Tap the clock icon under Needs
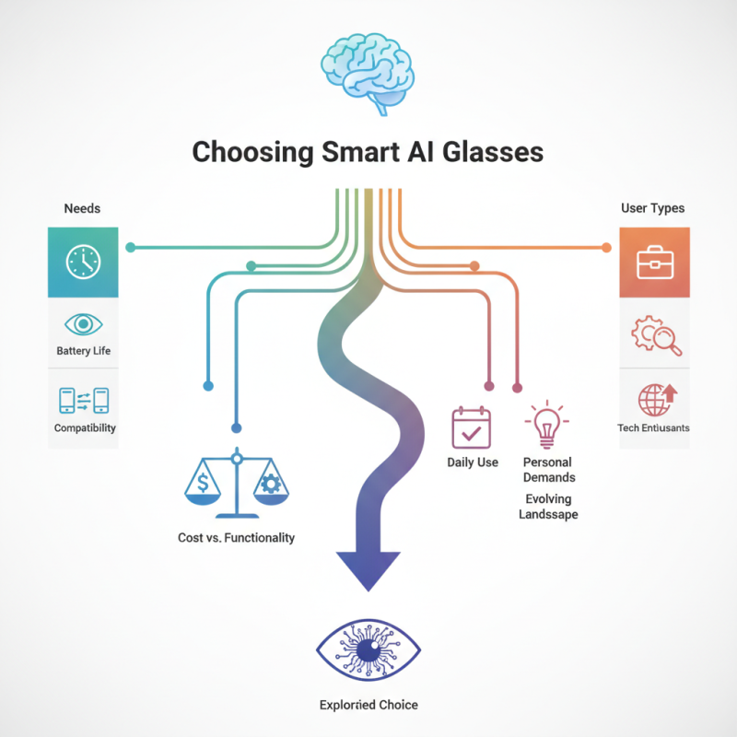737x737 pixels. pyautogui.click(x=83, y=262)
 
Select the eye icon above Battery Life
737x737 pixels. pyautogui.click(x=83, y=324)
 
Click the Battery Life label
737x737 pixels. pyautogui.click(x=83, y=352)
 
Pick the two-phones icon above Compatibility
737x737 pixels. pyautogui.click(x=83, y=400)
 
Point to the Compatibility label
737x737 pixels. pyautogui.click(x=83, y=428)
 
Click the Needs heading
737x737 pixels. pyautogui.click(x=82, y=209)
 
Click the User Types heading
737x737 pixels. pyautogui.click(x=653, y=209)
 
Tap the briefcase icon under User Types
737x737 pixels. pyautogui.click(x=654, y=263)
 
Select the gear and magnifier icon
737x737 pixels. pyautogui.click(x=655, y=335)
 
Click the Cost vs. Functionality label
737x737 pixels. pyautogui.click(x=236, y=537)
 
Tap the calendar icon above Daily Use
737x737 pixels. pyautogui.click(x=472, y=427)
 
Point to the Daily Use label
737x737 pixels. pyautogui.click(x=473, y=462)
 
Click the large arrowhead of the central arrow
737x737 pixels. pyautogui.click(x=368, y=567)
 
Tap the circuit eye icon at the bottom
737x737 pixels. pyautogui.click(x=368, y=649)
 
